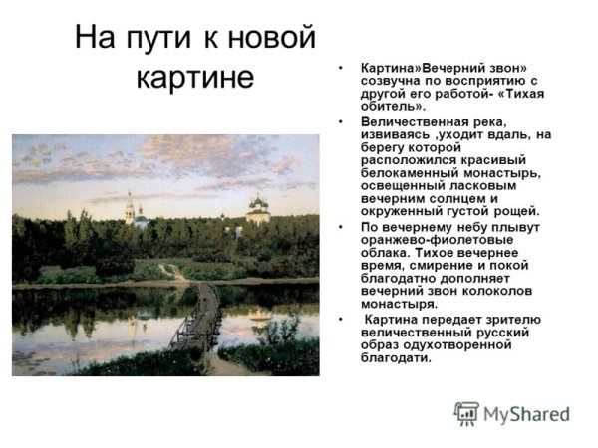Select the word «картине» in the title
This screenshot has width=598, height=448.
(x=196, y=78)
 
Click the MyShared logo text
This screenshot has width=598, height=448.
(x=526, y=413)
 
